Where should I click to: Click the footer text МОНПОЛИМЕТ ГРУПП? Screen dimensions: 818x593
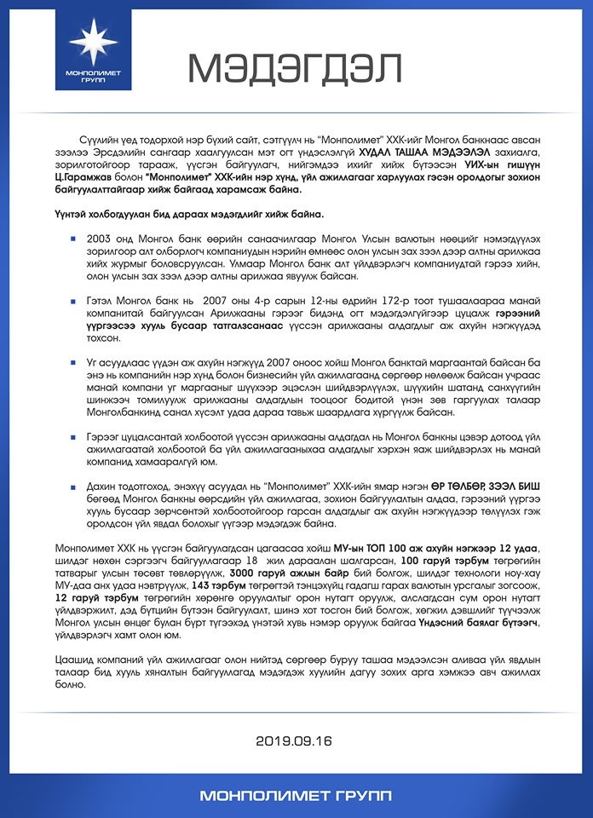tap(296, 796)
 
